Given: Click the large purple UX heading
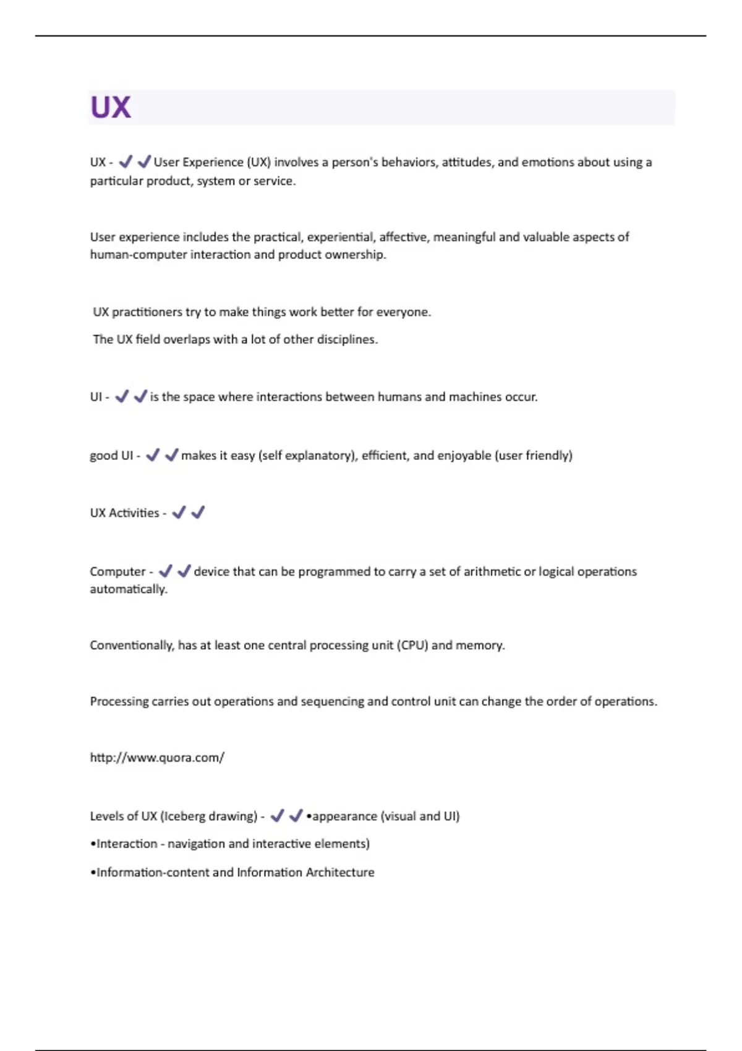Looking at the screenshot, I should coord(111,107).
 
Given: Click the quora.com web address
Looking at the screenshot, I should coord(157,757).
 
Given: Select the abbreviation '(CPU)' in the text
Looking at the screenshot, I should coord(412,645).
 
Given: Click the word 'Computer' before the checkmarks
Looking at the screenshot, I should coord(117,571).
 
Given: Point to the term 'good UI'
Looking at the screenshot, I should coord(111,456).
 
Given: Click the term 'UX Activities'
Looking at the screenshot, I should coord(124,513).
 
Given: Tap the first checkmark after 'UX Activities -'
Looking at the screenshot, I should coord(179,512).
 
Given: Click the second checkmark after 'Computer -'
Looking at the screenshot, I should coord(184,571).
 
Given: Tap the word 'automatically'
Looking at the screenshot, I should coord(128,589).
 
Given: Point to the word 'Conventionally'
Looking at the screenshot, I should coord(132,645).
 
